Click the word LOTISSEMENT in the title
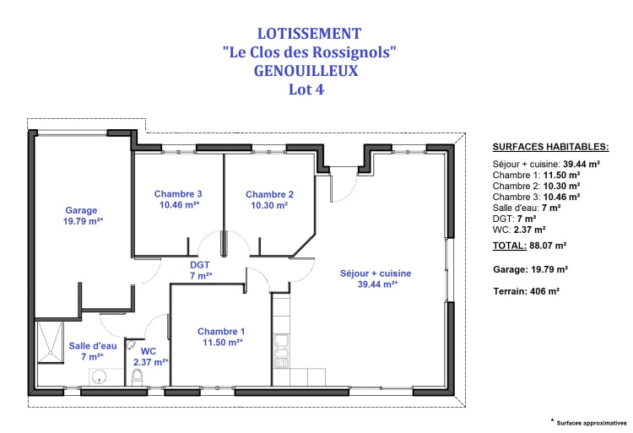coord(309,34)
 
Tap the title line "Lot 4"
coord(306,89)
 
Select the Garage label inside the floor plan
coord(81,210)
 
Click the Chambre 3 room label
coord(178,194)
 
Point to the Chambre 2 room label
coord(270,194)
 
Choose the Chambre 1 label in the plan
coord(221,332)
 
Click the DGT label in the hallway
coord(200,265)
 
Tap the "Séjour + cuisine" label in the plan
coord(376,273)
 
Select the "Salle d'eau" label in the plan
coord(93,346)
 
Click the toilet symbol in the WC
coord(138,378)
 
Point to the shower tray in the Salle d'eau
coord(51,342)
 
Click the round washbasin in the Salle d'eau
coord(99,377)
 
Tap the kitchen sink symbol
coord(281,350)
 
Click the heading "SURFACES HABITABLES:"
coord(550,147)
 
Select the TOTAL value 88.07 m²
coord(548,246)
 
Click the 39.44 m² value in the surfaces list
coord(582,165)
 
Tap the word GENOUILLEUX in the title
coord(306,71)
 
